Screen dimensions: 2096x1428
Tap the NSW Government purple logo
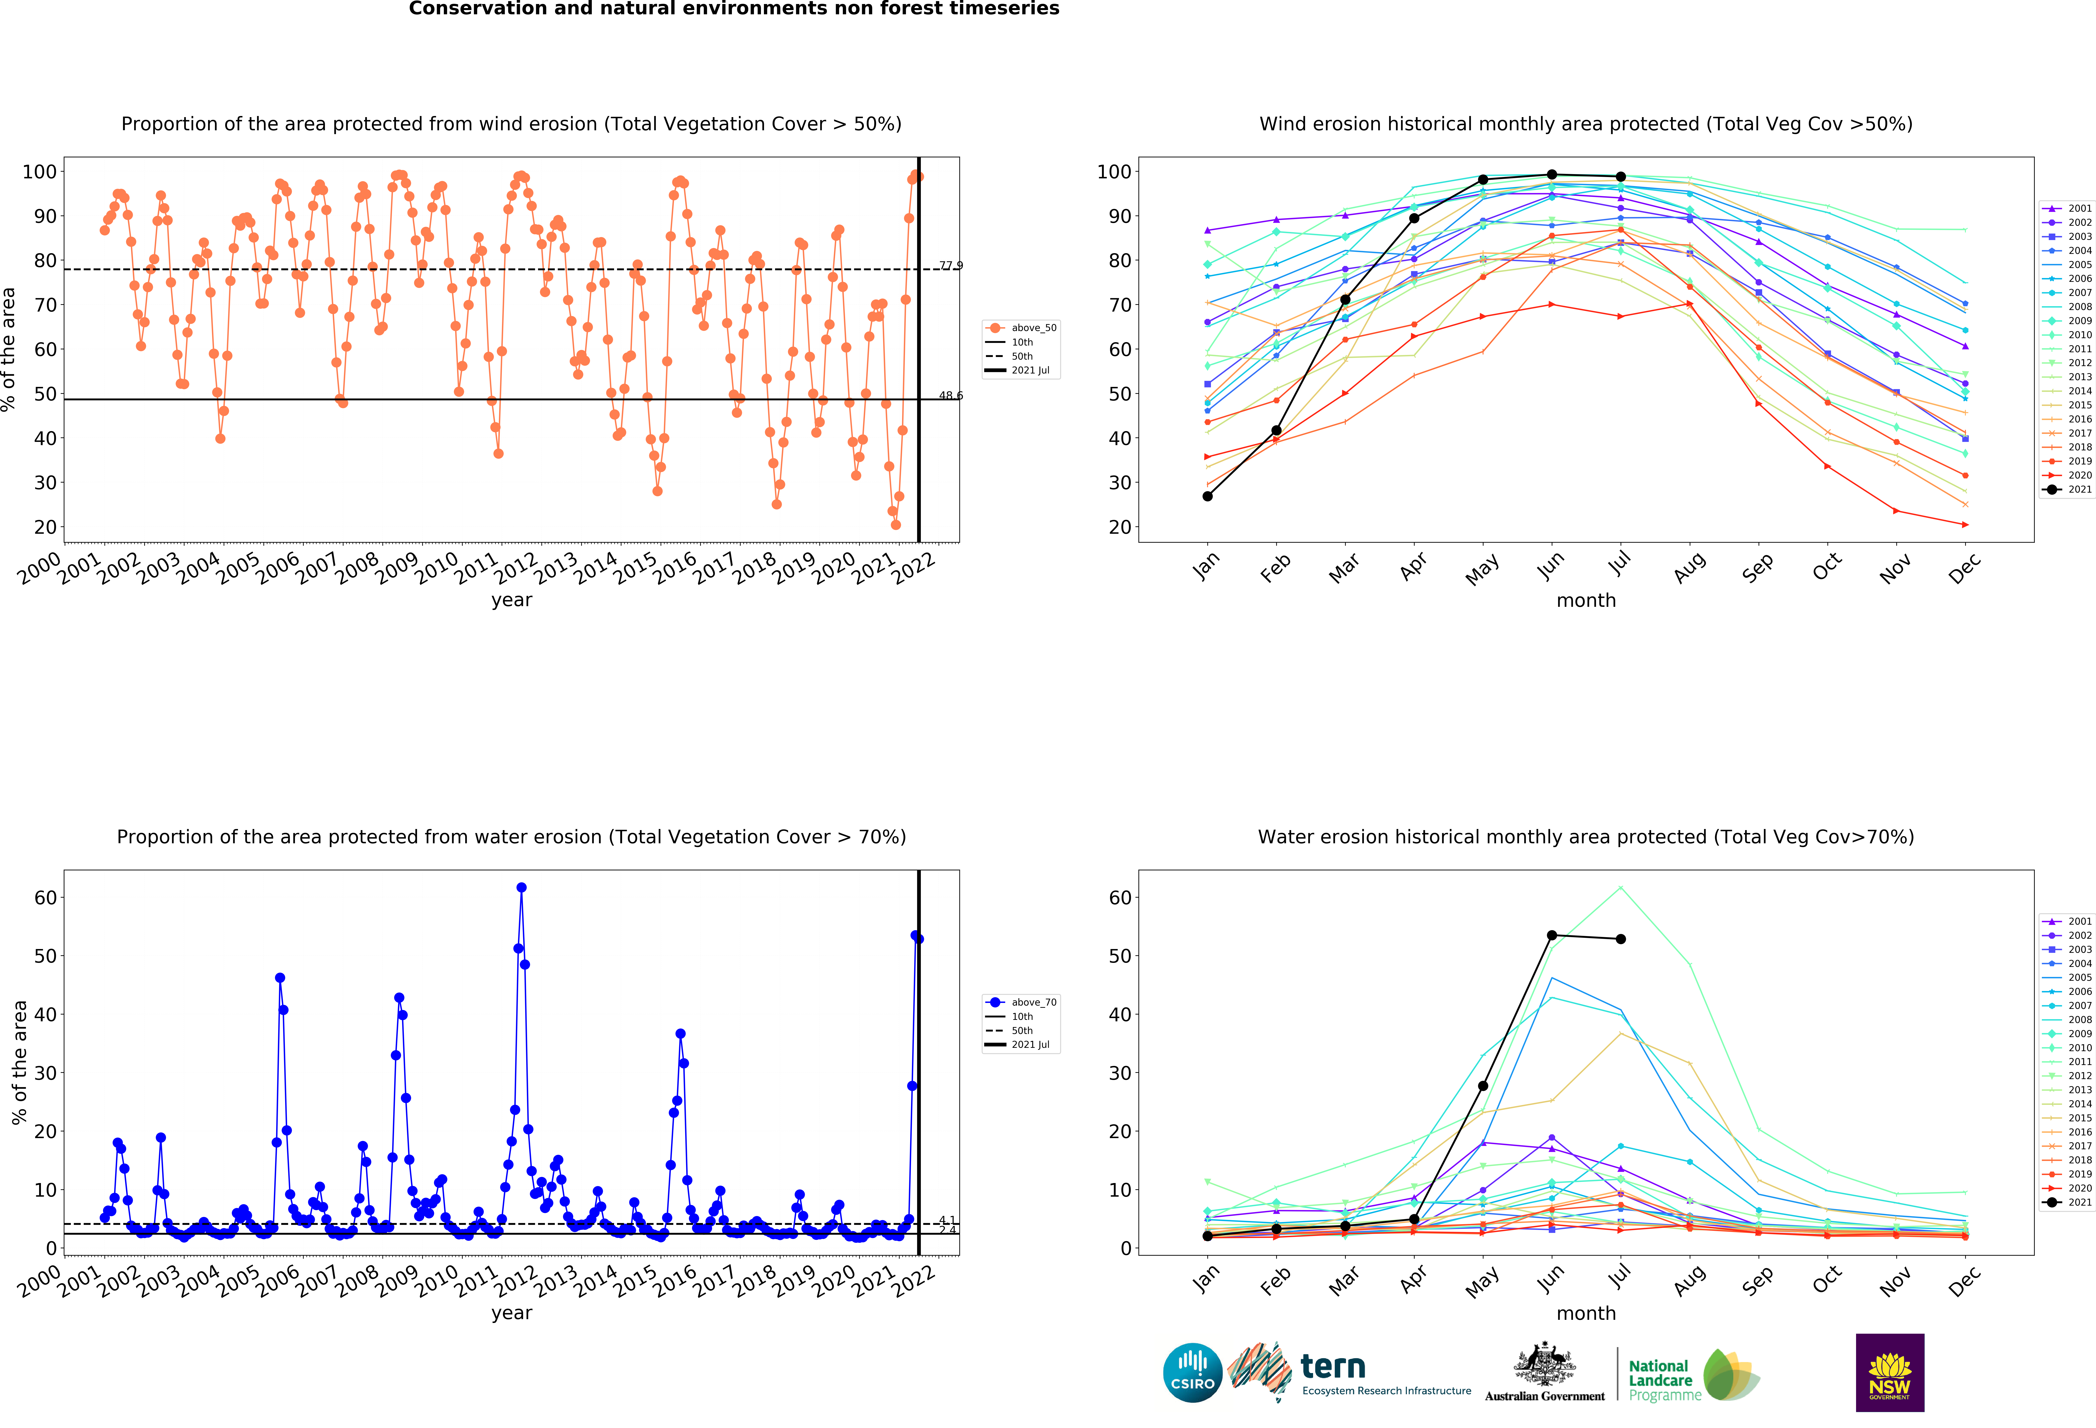pos(1889,1372)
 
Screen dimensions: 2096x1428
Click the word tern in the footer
pos(1333,1367)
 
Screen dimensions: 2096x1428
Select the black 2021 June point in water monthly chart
pos(1551,935)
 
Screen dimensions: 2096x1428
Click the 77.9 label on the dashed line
pos(951,265)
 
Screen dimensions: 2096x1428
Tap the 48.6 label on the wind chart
pos(951,395)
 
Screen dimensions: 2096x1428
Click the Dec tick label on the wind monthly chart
pos(1964,568)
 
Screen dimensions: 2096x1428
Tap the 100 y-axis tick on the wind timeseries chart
pos(40,171)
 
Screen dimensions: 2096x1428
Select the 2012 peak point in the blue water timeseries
pos(521,887)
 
